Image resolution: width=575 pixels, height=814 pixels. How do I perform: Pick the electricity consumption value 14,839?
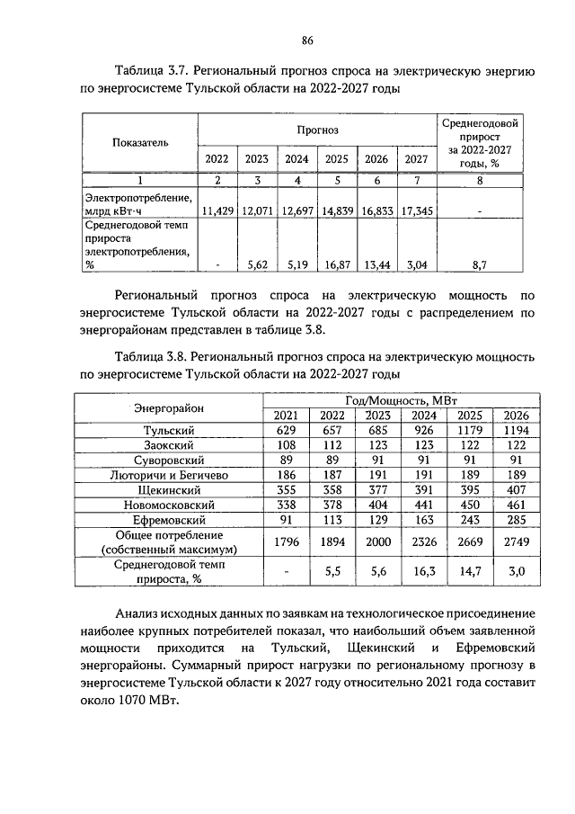(336, 210)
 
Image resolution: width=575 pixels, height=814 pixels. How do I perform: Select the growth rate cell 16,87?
(336, 265)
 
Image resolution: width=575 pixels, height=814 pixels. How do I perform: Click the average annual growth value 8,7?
(480, 265)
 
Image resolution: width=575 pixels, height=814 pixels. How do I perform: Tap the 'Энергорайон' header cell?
(169, 407)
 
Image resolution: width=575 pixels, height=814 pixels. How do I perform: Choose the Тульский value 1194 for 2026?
(516, 431)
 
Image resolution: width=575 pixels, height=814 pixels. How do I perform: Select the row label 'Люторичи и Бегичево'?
(169, 474)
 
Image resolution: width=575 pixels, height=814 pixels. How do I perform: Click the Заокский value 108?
(285, 445)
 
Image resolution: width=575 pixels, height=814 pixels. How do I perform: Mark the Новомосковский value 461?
(516, 505)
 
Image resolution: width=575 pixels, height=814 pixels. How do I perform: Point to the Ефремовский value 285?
(516, 520)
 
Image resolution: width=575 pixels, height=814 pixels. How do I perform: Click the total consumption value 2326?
(423, 542)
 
